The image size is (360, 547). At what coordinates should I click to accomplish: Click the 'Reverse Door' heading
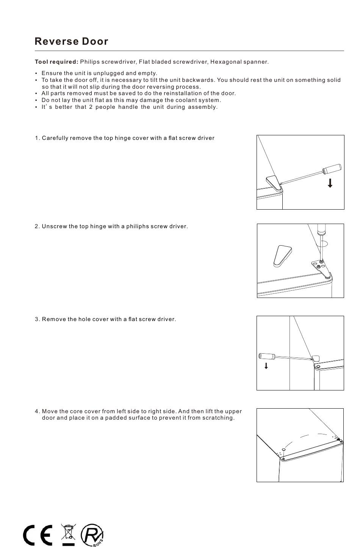71,41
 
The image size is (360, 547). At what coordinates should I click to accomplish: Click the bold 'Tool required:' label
56,62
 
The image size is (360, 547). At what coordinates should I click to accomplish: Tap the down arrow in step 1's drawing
330,183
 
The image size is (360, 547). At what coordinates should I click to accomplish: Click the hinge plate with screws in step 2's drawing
321,268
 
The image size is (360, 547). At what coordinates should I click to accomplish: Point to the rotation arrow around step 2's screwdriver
323,244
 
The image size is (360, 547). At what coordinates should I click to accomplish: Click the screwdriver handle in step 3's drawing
267,356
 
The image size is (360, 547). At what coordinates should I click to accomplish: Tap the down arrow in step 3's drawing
266,366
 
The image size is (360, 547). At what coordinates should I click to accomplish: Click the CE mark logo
38,535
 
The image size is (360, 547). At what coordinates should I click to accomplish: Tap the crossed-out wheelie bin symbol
68,534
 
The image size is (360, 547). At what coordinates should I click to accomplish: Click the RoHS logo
92,535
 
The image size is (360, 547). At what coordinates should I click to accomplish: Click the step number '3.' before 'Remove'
37,319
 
